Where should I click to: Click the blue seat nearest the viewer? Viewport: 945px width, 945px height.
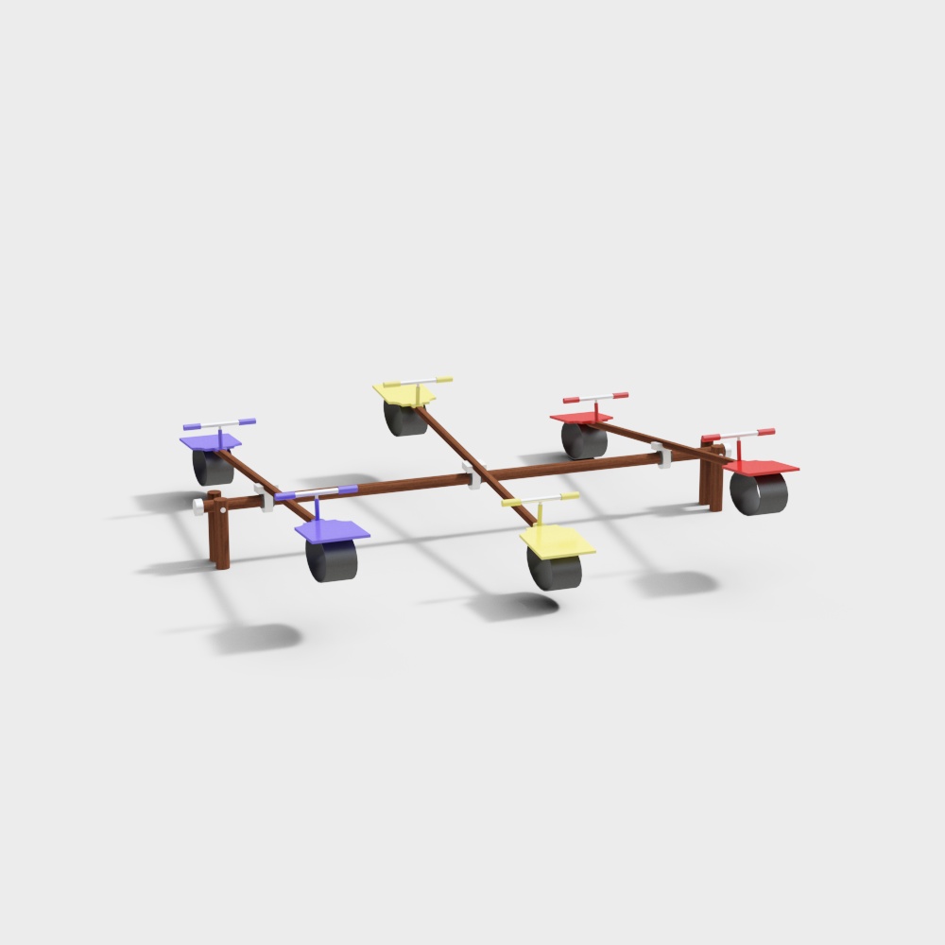332,531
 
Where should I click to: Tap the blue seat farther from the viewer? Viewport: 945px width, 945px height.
210,441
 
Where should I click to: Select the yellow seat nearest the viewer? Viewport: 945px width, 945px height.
558,541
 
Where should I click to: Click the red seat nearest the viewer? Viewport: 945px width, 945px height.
762,466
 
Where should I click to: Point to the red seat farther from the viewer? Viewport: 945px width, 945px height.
580,417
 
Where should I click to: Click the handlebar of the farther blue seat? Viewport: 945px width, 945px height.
219,423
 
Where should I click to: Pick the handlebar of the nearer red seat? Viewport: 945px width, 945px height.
739,435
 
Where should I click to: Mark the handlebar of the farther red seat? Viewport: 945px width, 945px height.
595,397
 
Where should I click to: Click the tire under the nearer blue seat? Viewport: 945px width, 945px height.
333,561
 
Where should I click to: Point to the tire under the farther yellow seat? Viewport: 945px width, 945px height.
405,419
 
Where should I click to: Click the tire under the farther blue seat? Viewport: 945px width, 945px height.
214,467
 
